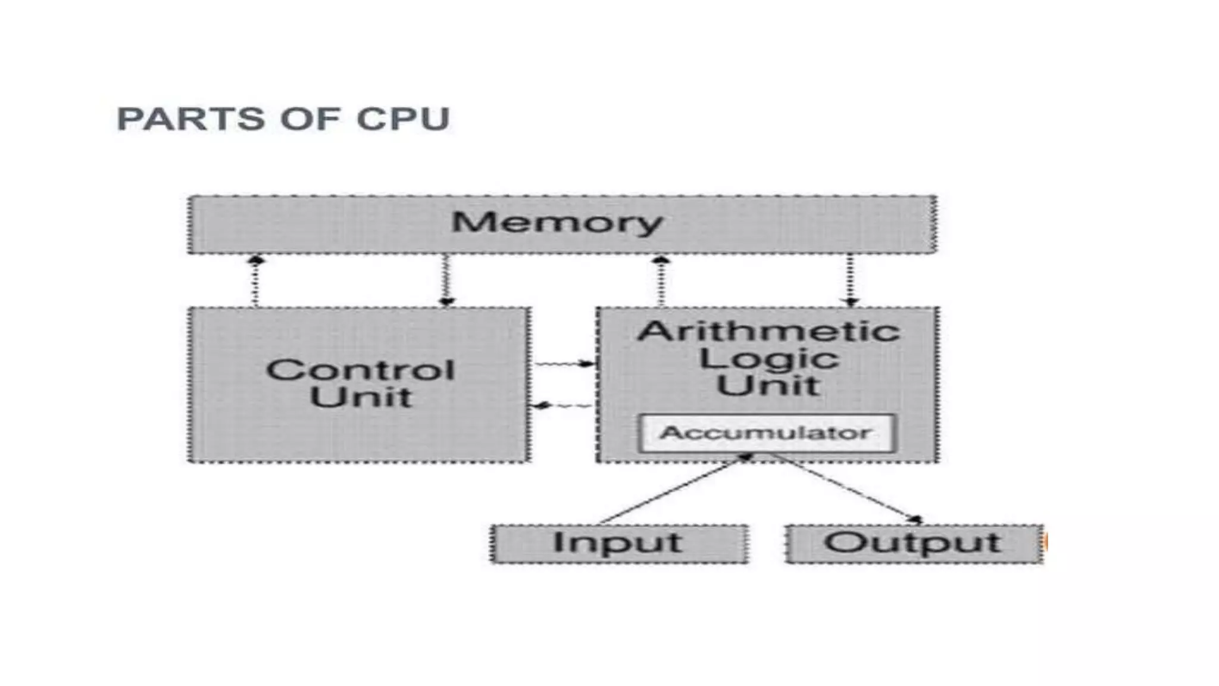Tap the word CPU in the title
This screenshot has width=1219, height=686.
[x=402, y=119]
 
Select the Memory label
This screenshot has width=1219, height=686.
[x=557, y=223]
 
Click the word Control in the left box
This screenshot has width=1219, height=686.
[x=360, y=370]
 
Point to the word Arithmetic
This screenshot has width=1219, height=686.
[x=768, y=331]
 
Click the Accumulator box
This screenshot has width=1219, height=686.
[x=766, y=433]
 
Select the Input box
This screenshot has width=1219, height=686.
[x=618, y=543]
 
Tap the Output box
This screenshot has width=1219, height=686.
[x=913, y=543]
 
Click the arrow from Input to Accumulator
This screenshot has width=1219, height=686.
[x=673, y=489]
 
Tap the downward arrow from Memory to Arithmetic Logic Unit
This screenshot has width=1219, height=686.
[x=851, y=280]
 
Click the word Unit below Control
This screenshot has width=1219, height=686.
[x=361, y=397]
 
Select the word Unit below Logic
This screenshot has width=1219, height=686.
[x=768, y=385]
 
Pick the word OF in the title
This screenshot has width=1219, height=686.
[x=310, y=119]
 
